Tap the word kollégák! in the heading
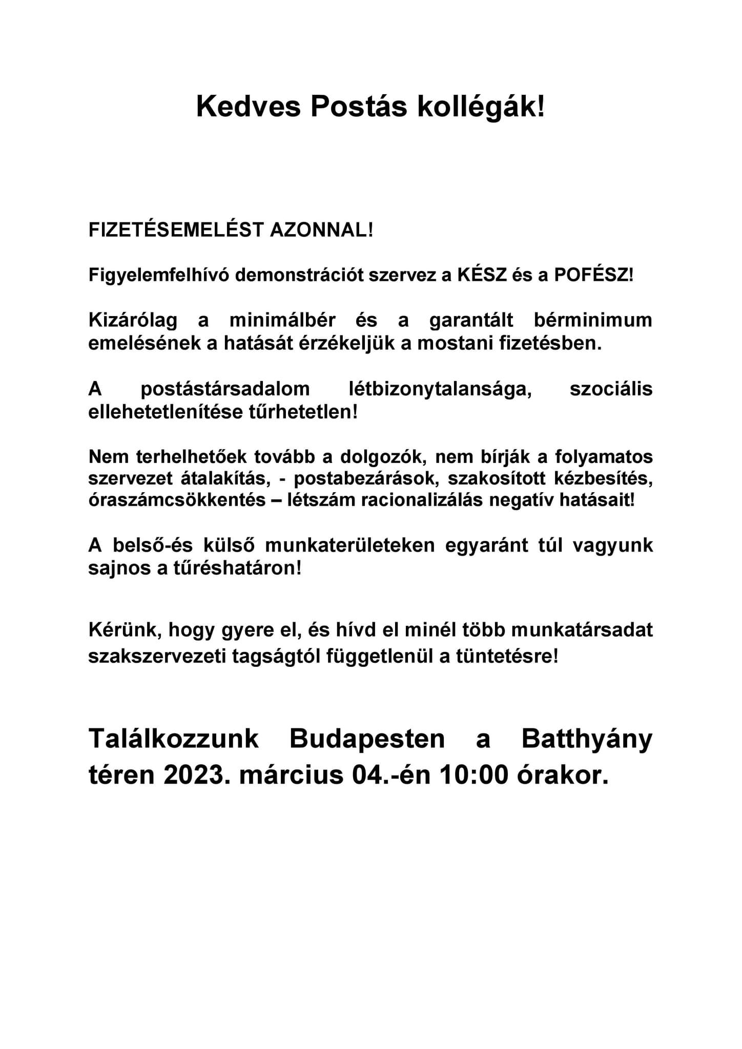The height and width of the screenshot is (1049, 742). point(483,108)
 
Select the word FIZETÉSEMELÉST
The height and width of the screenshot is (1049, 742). point(175,230)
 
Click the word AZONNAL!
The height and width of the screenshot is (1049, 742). point(322,230)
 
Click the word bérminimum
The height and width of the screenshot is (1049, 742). point(593,320)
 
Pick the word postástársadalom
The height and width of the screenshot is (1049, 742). point(225,389)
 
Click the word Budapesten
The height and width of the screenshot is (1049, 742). point(367,740)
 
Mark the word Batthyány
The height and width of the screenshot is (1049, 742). point(587,740)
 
